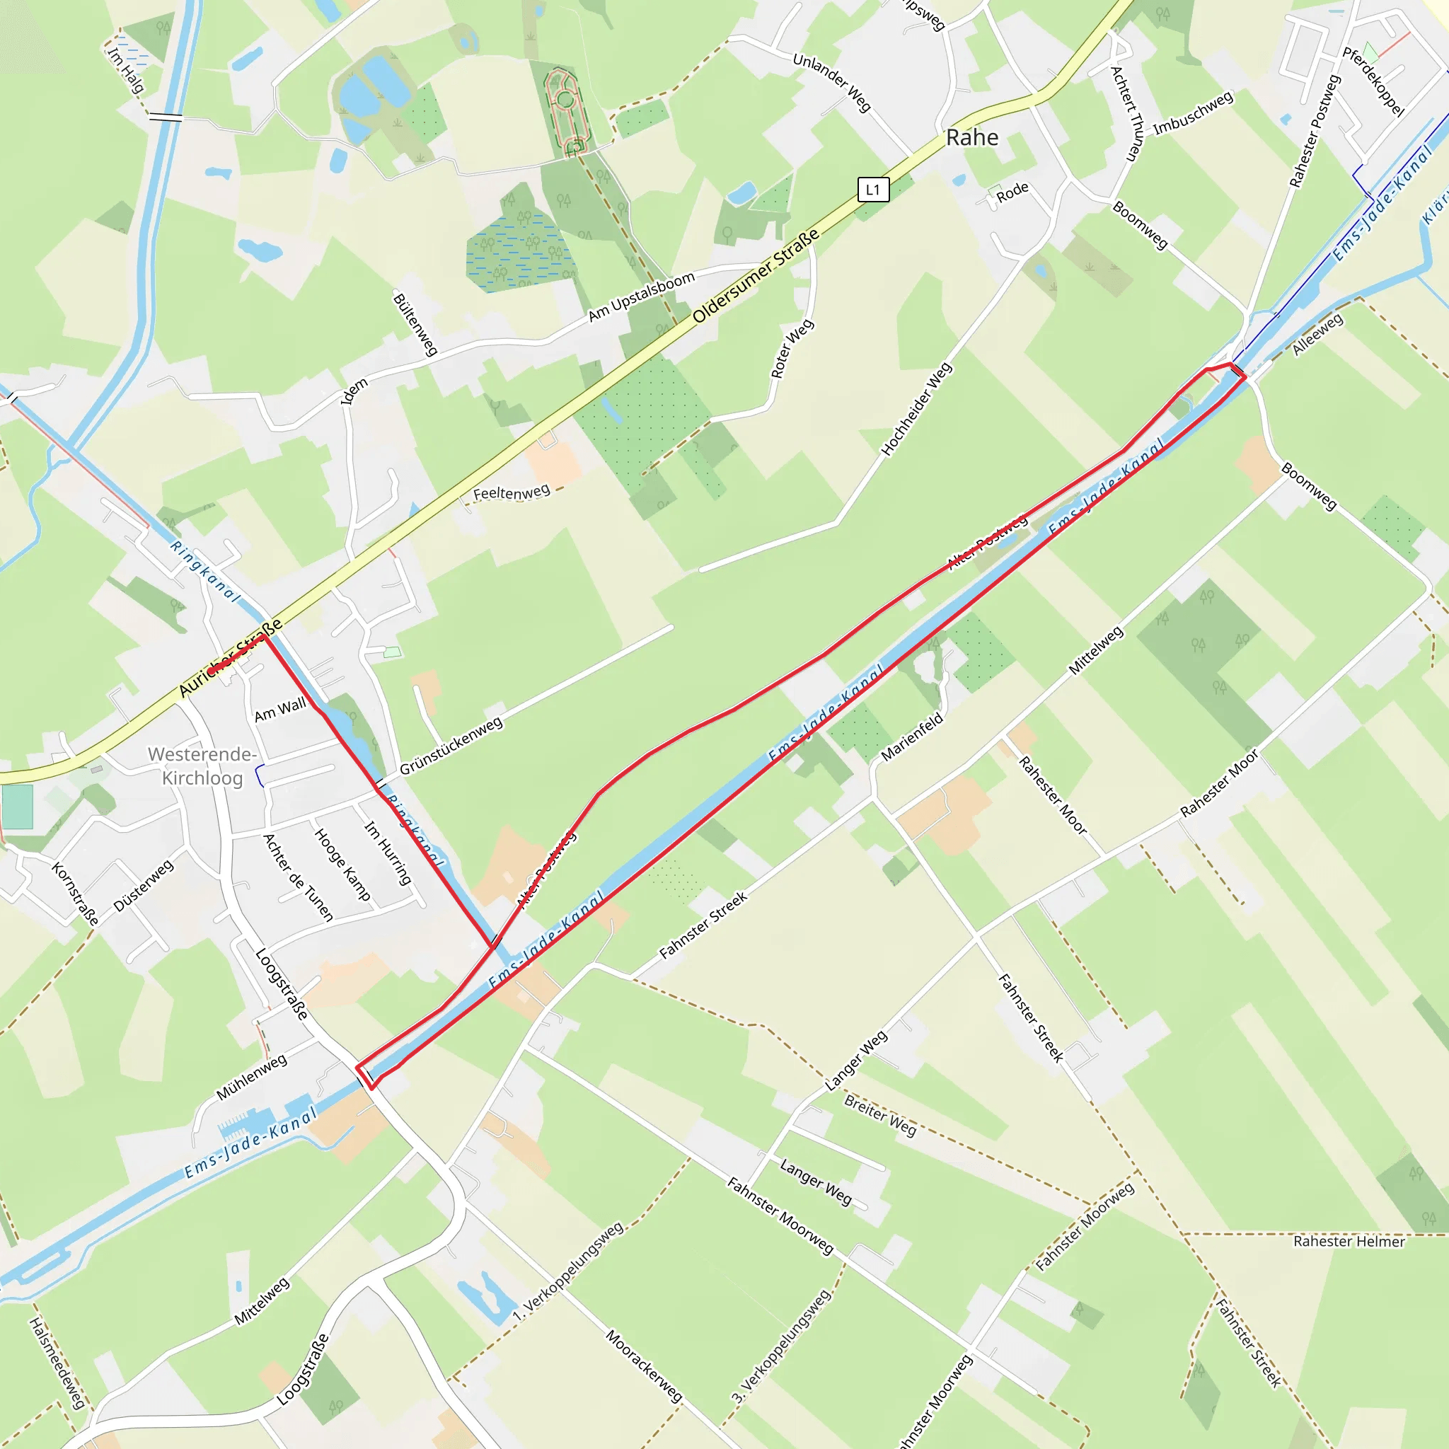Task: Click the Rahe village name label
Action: click(972, 138)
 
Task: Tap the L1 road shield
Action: click(873, 190)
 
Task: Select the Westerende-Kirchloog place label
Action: click(202, 766)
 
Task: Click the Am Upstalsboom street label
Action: click(641, 297)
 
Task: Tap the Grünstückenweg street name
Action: click(451, 746)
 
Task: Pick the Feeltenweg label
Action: click(512, 492)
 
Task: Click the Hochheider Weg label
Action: click(916, 410)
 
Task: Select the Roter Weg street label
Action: click(792, 350)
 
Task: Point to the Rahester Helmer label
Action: click(1349, 1242)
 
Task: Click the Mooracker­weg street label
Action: click(645, 1366)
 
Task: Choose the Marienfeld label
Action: click(912, 737)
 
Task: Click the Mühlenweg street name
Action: click(251, 1077)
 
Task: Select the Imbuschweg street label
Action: click(1192, 114)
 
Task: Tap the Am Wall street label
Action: click(279, 710)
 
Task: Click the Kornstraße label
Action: click(75, 894)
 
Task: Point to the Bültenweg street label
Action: click(415, 325)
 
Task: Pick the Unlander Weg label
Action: click(832, 83)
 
